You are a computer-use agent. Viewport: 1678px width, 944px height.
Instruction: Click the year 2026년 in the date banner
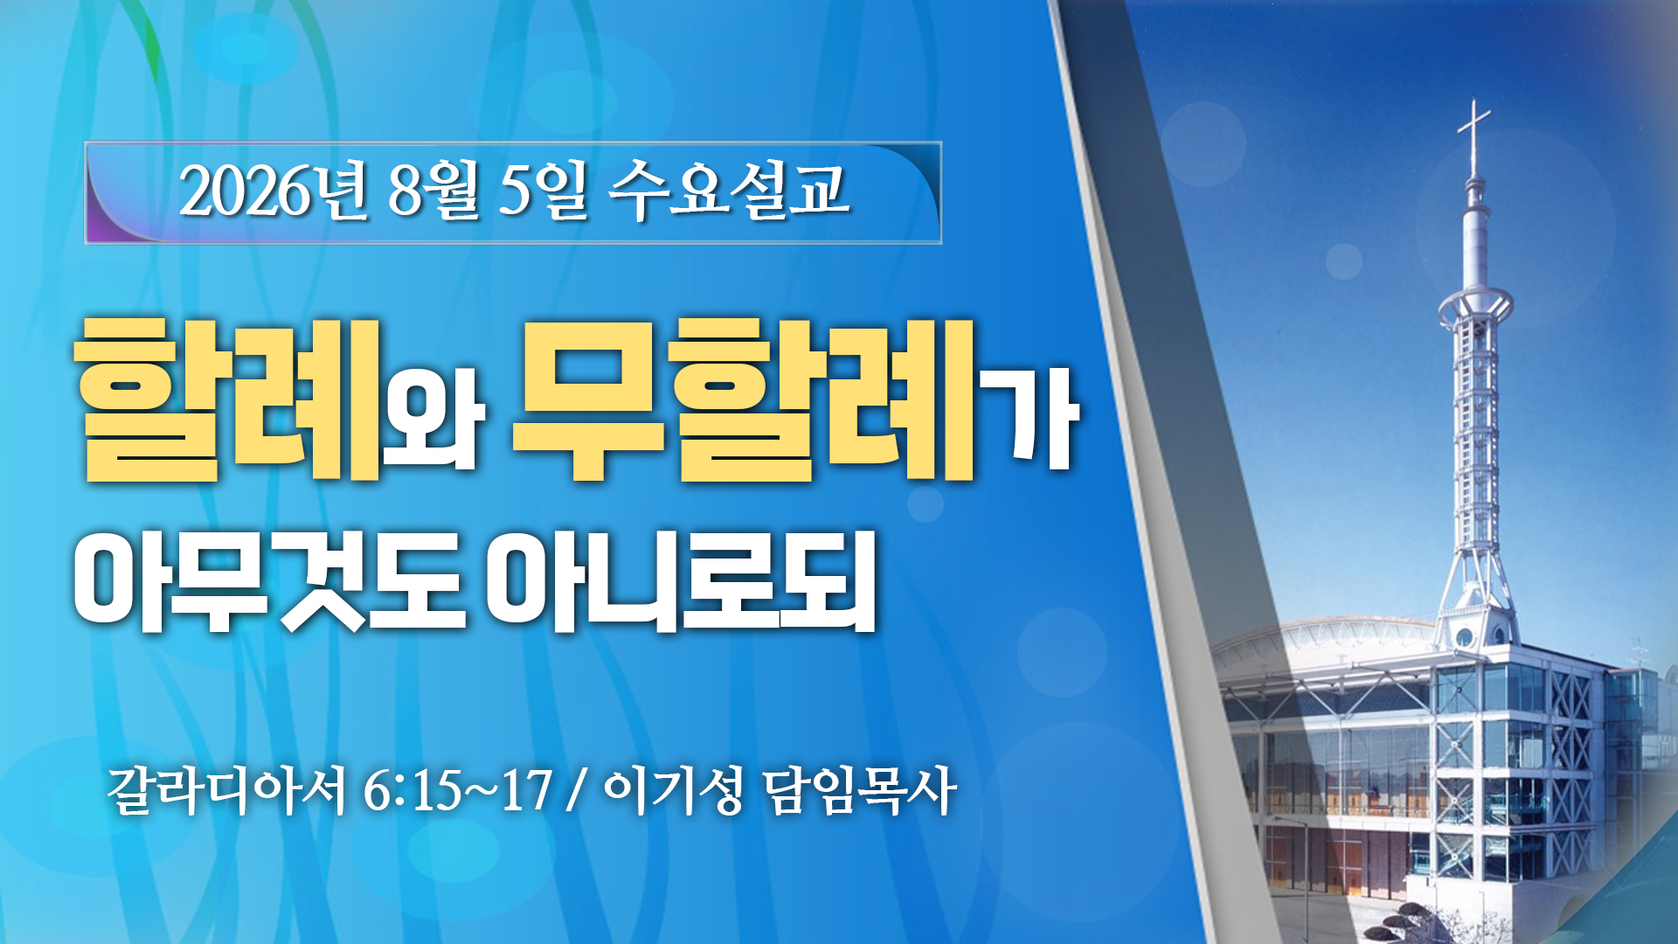[x=274, y=191]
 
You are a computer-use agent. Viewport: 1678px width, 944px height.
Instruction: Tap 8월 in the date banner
[x=433, y=191]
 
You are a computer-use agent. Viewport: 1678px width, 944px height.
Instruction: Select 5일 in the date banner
[x=543, y=191]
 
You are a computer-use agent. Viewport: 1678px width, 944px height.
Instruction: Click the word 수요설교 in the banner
[x=728, y=191]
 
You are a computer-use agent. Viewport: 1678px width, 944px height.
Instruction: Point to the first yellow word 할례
[x=229, y=399]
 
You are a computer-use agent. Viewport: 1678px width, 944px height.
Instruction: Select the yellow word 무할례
[x=744, y=399]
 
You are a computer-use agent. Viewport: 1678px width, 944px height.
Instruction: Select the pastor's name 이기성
[x=673, y=791]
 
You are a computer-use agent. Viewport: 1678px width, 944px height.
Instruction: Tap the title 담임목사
[x=859, y=791]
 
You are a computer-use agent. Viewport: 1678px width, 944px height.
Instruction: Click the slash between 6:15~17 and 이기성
[x=576, y=791]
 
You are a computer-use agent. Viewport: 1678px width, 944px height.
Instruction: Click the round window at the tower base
[x=1465, y=636]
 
